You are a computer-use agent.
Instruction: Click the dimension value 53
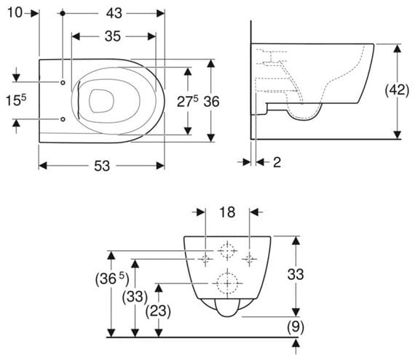coord(102,166)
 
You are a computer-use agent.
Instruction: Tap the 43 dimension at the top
coord(114,13)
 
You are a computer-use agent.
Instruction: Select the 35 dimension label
coord(113,36)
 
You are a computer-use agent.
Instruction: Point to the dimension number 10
coord(15,12)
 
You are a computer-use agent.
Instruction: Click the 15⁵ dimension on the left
coord(16,100)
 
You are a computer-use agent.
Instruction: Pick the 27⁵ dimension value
coord(187,102)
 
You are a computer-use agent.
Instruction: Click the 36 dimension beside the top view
coord(211,102)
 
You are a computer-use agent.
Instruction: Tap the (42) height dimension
coord(397,90)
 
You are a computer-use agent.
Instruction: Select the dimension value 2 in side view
coord(277,162)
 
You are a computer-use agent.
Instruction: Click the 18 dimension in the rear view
coord(227,212)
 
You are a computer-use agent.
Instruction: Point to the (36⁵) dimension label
coord(112,279)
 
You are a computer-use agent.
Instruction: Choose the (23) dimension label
coord(158,311)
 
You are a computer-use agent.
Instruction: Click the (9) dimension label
coord(296,327)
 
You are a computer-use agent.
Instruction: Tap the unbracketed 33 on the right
coord(296,274)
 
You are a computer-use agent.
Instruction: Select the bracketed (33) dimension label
coord(135,297)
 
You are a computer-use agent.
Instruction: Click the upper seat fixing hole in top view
coord(63,82)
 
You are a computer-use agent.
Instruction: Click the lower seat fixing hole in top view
coord(63,119)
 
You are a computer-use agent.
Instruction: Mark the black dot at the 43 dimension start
coord(63,13)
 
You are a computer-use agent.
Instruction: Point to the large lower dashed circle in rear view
coord(228,273)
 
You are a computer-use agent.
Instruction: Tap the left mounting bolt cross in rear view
coord(205,259)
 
